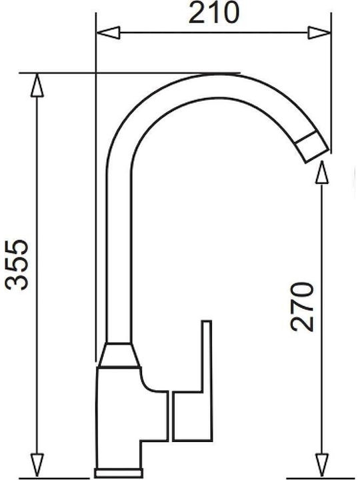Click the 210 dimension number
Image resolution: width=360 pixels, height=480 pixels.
(x=214, y=13)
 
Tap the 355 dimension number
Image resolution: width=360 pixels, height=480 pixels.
(x=17, y=265)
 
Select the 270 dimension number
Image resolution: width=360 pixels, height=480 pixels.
(x=302, y=307)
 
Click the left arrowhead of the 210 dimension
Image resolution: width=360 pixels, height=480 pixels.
(x=108, y=33)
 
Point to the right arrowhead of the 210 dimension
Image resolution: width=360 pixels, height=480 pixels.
(x=319, y=33)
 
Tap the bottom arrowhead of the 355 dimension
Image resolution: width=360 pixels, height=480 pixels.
(x=37, y=465)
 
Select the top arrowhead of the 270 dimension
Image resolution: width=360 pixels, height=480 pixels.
(x=322, y=172)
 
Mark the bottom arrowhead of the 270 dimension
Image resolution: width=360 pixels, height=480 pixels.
(x=322, y=465)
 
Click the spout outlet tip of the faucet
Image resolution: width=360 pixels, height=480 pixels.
(x=312, y=147)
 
